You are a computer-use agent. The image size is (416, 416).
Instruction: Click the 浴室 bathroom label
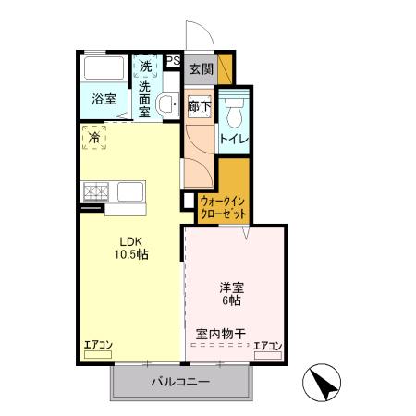point(103,99)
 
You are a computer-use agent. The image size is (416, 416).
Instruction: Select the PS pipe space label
point(172,63)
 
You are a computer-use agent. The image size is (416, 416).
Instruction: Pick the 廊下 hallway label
point(199,106)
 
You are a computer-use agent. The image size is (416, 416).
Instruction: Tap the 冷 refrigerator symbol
point(94,138)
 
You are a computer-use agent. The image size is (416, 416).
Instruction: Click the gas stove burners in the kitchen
point(96,192)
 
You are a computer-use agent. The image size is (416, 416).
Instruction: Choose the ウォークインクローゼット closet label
point(223,206)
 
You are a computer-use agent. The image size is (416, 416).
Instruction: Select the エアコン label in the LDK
point(98,346)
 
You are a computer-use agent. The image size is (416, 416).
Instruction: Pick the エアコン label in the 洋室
point(267,346)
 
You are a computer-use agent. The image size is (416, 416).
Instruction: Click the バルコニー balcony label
point(180,382)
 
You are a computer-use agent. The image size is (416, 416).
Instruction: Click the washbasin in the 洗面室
point(167,104)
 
